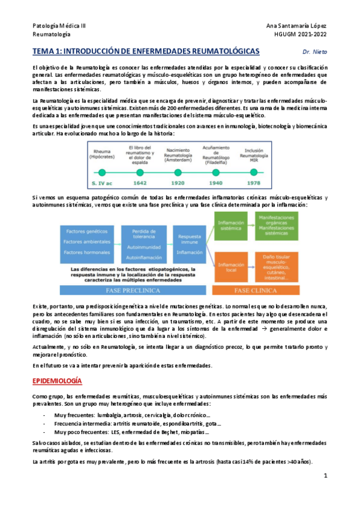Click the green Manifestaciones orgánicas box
pos(275,226)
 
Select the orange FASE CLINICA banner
pos(254,290)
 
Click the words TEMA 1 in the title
pos(46,52)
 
